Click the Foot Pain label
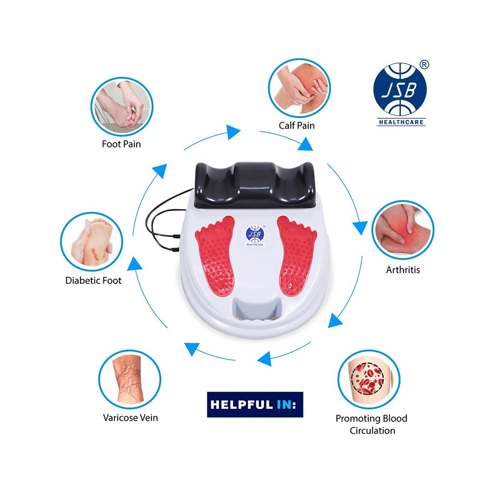pyautogui.click(x=121, y=144)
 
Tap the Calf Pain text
pyautogui.click(x=297, y=126)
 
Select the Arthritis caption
pyautogui.click(x=403, y=270)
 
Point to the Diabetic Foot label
pyautogui.click(x=93, y=280)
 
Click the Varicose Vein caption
pyautogui.click(x=130, y=418)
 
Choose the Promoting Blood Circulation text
pyautogui.click(x=371, y=424)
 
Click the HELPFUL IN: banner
pyautogui.click(x=255, y=405)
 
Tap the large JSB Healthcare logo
pyautogui.click(x=401, y=94)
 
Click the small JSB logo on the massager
pyautogui.click(x=255, y=235)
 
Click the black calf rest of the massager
pyautogui.click(x=255, y=185)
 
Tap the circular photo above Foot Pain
pyautogui.click(x=122, y=107)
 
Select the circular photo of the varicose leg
pyautogui.click(x=130, y=379)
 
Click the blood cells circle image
pyautogui.click(x=369, y=379)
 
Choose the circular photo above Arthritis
pyautogui.click(x=403, y=230)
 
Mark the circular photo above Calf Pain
pyautogui.click(x=299, y=88)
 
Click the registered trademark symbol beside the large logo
pyautogui.click(x=424, y=65)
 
